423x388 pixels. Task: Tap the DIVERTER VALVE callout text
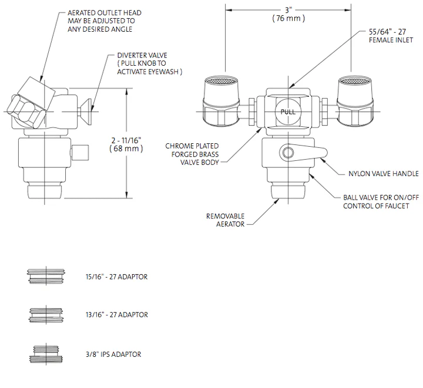(146, 63)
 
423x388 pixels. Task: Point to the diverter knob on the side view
(90, 109)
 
